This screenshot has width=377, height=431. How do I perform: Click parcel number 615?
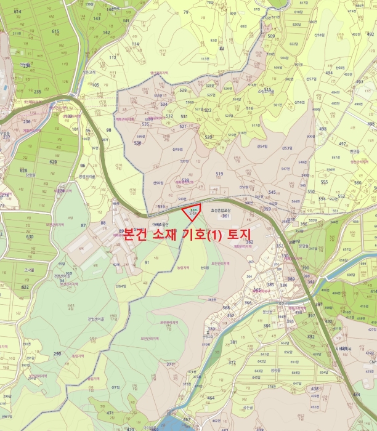[55, 31]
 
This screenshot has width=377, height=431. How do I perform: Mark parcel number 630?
[30, 236]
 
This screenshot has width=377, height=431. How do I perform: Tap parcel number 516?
[249, 108]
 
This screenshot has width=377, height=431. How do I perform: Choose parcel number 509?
[271, 36]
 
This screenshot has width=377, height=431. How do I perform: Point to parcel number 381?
[233, 342]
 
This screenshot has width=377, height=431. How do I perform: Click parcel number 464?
[211, 398]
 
